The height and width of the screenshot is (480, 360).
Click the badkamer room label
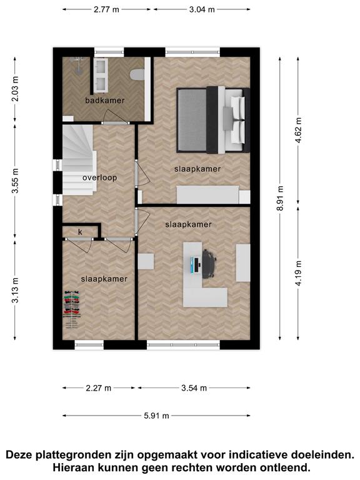click(105, 100)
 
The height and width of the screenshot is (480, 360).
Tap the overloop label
click(100, 177)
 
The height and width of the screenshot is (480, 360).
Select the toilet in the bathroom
click(137, 75)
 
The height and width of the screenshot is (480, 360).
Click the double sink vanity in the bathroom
click(101, 75)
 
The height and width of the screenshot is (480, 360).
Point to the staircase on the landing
click(78, 160)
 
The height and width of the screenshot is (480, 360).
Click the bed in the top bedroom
click(213, 120)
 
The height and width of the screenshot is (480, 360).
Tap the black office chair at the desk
click(209, 263)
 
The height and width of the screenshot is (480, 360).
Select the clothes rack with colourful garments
click(72, 309)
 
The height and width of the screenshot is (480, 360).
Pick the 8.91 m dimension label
click(280, 198)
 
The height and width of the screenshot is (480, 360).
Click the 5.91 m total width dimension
click(156, 416)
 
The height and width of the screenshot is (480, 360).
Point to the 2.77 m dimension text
click(106, 9)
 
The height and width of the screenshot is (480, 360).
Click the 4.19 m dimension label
click(298, 273)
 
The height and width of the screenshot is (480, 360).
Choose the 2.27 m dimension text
click(98, 388)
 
